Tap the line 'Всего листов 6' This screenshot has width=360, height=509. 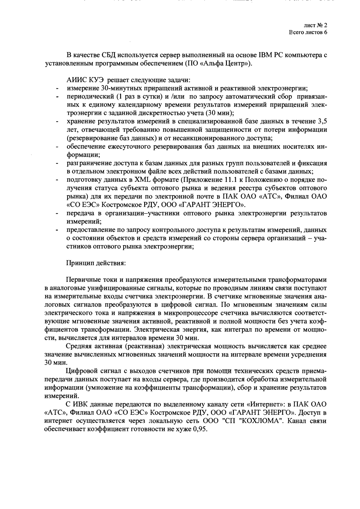click(308, 32)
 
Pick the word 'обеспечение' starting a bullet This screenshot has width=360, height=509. click(85, 147)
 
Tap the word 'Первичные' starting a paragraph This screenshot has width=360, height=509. click(81, 280)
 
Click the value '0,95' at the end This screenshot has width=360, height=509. click(200, 429)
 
